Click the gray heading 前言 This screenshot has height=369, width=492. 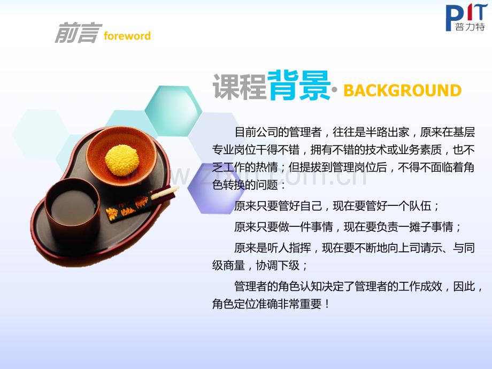[x=77, y=34]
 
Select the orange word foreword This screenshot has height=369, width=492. [x=127, y=36]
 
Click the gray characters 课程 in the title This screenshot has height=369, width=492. [x=239, y=86]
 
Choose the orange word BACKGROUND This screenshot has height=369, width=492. [x=402, y=90]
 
